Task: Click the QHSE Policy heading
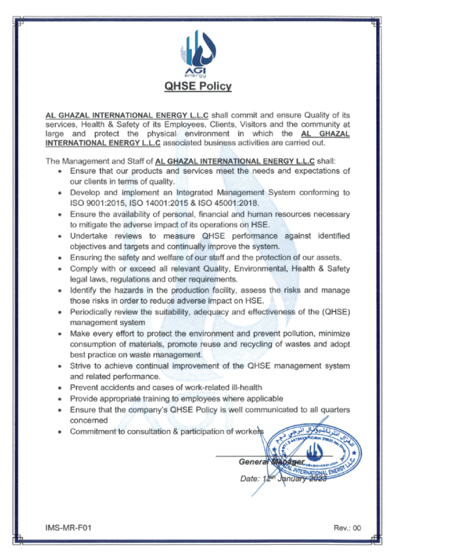point(198,86)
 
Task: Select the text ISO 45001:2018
point(228,203)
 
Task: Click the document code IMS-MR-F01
point(68,528)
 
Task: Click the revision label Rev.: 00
point(347,528)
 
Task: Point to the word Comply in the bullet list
point(83,269)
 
